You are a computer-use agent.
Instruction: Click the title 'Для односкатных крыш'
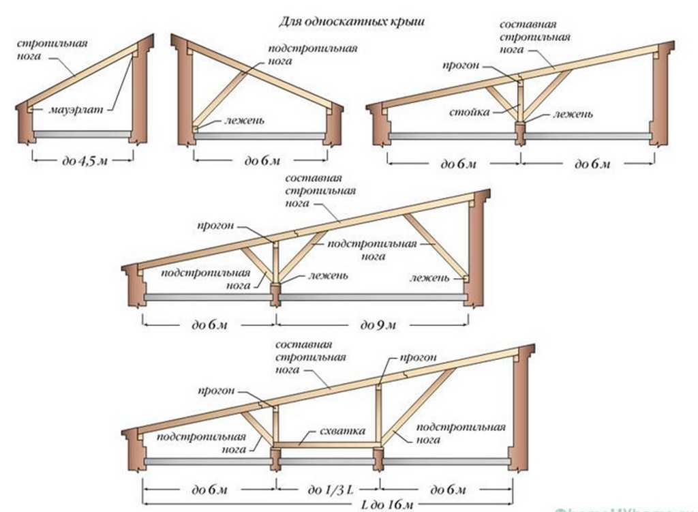pos(351,22)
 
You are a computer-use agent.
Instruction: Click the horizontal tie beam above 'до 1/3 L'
pos(327,445)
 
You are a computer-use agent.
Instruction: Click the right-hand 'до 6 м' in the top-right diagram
pos(590,164)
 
